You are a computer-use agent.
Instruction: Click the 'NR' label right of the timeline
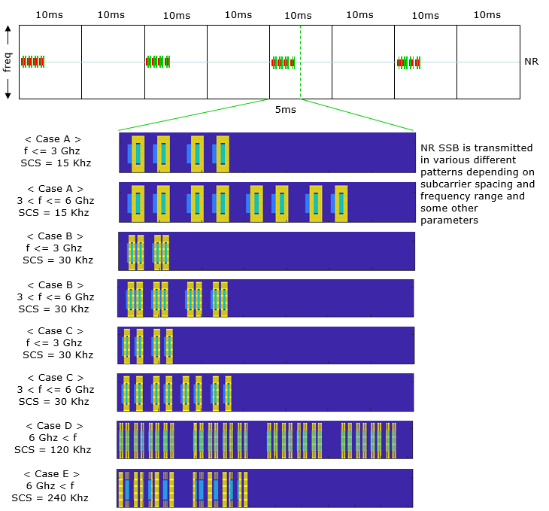(x=531, y=61)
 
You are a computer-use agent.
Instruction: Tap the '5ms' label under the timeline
(x=285, y=110)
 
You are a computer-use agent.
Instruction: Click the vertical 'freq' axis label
(x=8, y=62)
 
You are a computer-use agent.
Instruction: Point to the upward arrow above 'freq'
(x=8, y=32)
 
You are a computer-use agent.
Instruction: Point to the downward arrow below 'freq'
(x=8, y=92)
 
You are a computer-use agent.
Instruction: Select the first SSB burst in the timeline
(x=33, y=62)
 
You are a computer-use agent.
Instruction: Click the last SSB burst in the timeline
(x=409, y=62)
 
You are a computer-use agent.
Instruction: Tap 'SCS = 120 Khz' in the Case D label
(x=53, y=450)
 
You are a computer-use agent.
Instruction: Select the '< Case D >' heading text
(x=53, y=426)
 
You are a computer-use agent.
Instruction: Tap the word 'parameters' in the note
(x=448, y=221)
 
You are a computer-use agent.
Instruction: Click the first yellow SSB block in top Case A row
(x=138, y=154)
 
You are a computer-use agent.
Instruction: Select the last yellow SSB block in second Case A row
(x=341, y=202)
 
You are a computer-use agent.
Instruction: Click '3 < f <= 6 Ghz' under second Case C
(x=57, y=389)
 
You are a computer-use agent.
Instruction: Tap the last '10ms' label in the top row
(x=487, y=15)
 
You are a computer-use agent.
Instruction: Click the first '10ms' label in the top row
(x=50, y=15)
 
